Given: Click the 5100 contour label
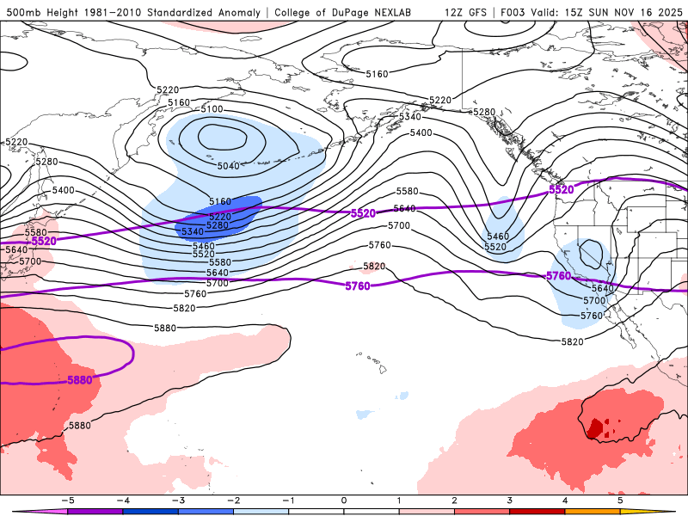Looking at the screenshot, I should tap(211, 110).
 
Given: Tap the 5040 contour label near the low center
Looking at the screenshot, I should tap(229, 166).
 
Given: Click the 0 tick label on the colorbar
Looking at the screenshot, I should tap(344, 499).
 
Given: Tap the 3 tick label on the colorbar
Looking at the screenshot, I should tap(510, 499).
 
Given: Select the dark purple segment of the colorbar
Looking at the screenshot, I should tap(95, 511).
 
